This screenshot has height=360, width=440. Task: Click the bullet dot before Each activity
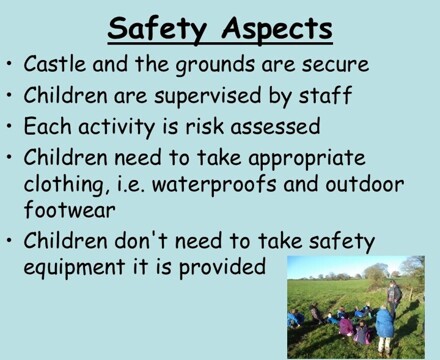(x=10, y=129)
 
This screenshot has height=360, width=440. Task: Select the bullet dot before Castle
(x=10, y=66)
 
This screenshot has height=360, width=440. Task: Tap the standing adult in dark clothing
(x=394, y=297)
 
